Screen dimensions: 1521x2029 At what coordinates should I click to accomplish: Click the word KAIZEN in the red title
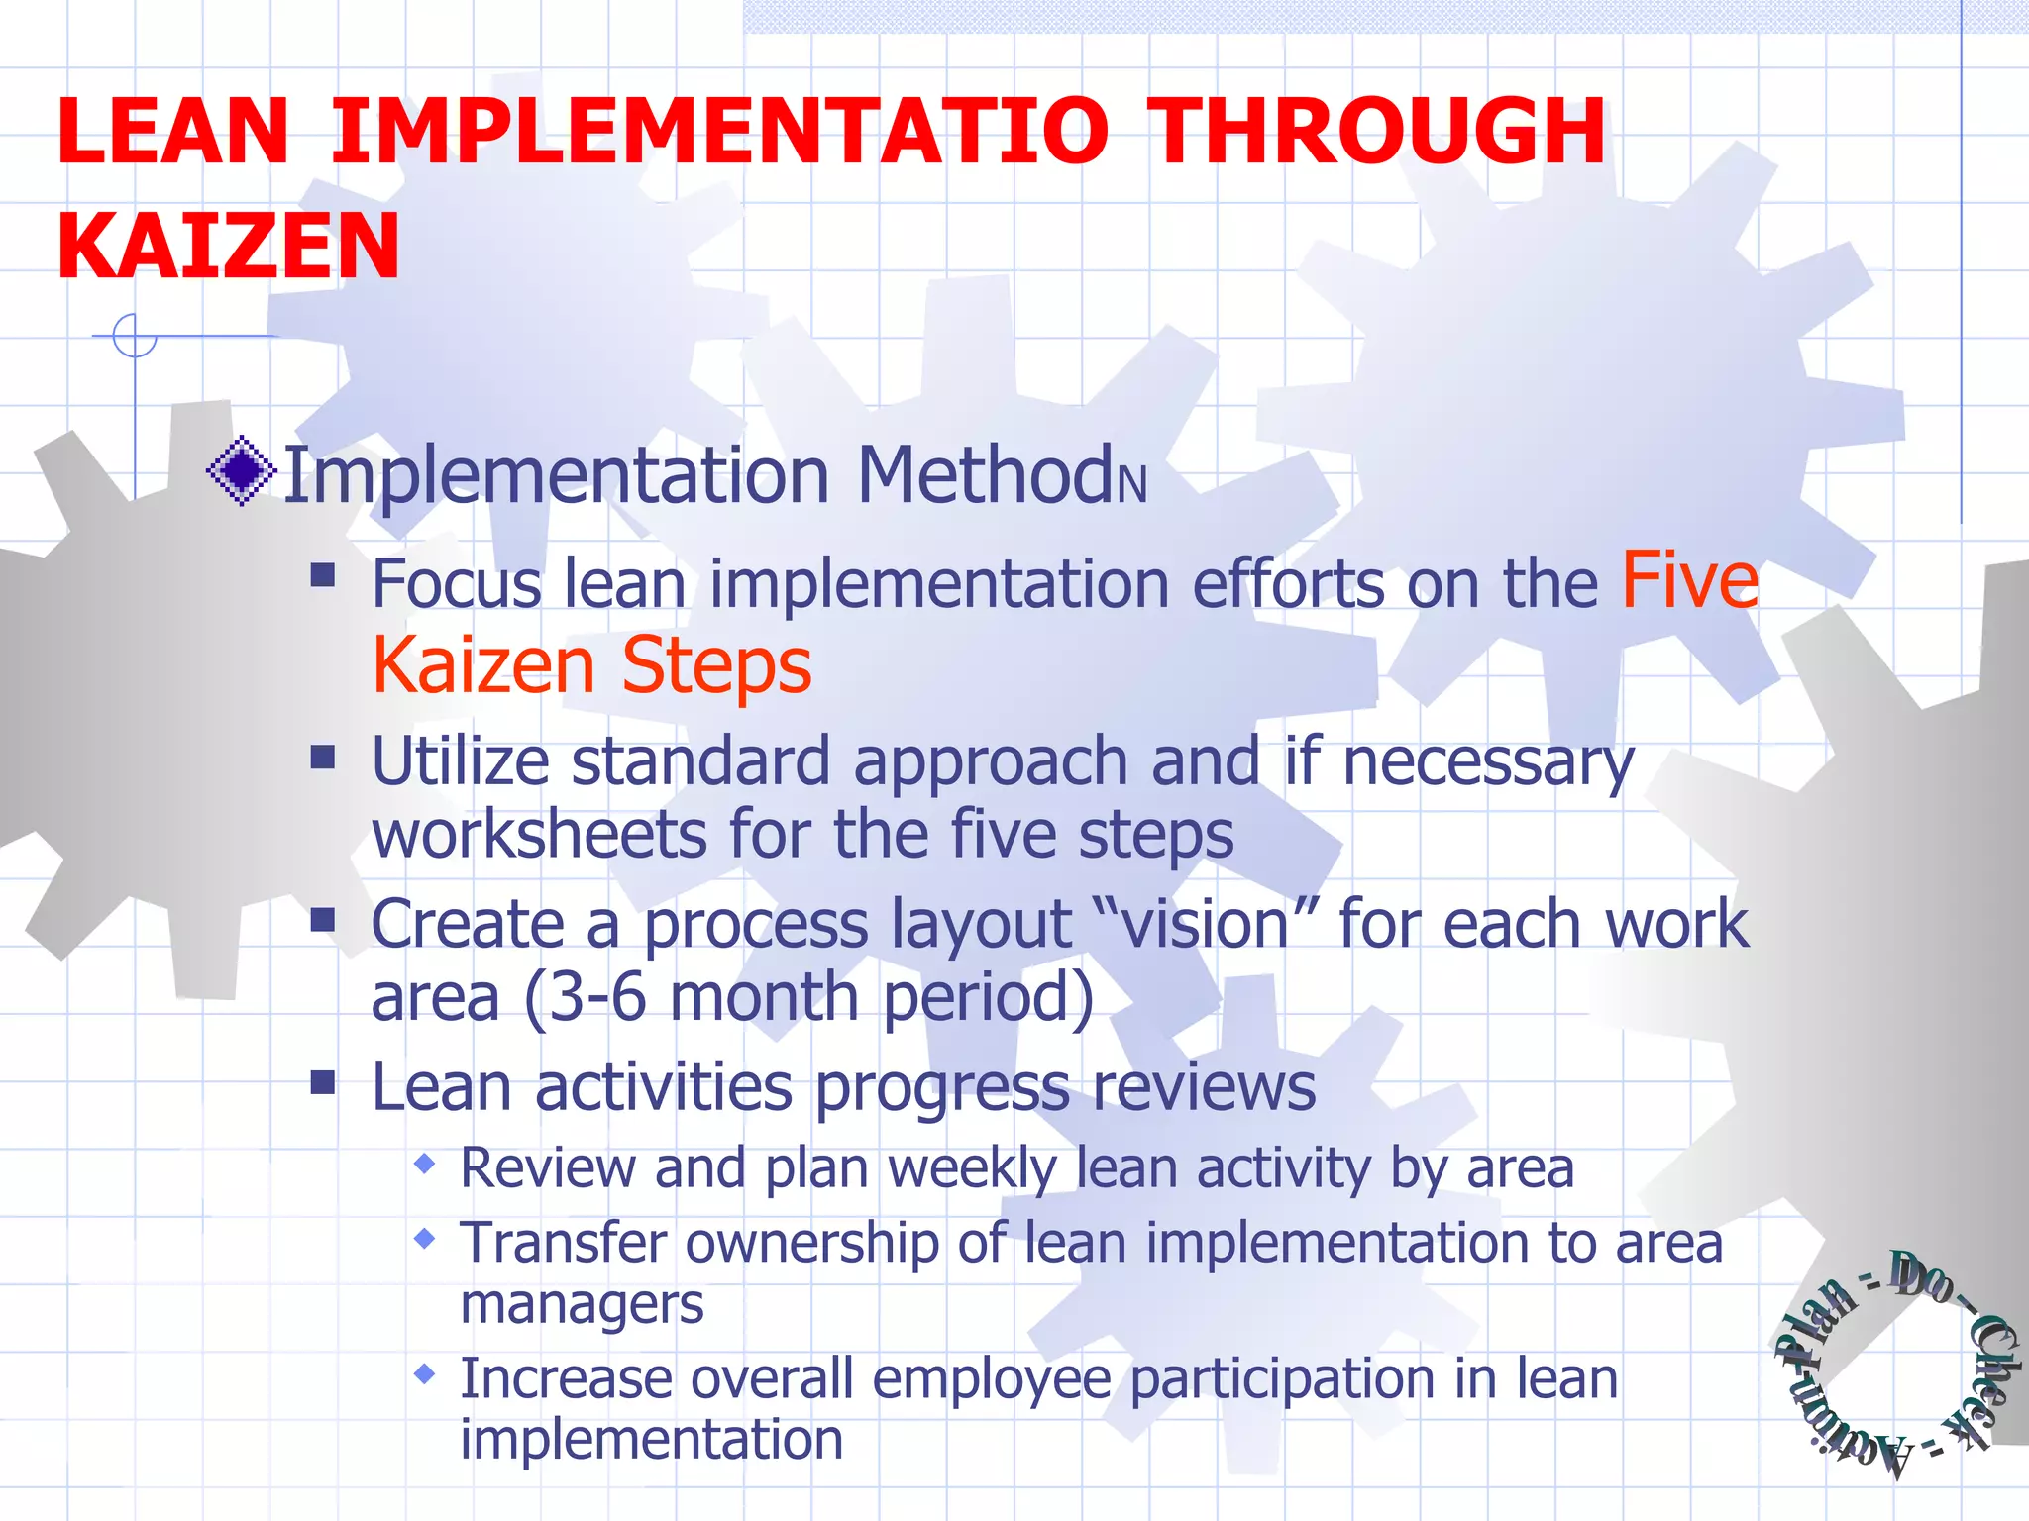[229, 247]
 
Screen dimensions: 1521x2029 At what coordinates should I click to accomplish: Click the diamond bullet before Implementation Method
[241, 470]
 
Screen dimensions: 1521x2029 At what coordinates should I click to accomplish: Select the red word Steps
[716, 665]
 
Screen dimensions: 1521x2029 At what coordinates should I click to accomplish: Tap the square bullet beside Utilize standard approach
[323, 758]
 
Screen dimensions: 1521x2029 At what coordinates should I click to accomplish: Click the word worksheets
[538, 834]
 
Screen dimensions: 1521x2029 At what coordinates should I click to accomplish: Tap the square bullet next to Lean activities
[323, 1082]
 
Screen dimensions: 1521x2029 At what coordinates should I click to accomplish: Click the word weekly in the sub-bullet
[972, 1168]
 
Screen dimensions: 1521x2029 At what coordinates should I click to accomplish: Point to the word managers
[582, 1304]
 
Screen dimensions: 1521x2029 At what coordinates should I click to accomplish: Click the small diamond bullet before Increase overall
[425, 1374]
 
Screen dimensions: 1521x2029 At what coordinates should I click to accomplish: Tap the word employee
[992, 1379]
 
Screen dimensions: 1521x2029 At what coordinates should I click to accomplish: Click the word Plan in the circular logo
[1815, 1323]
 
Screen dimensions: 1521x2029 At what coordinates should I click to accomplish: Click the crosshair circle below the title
[135, 335]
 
